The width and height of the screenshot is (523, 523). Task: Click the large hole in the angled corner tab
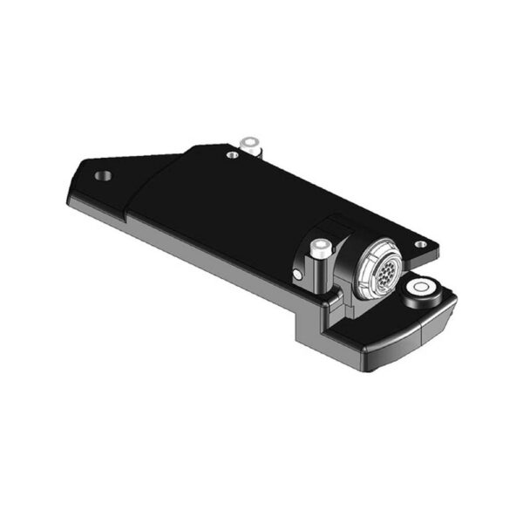pos(104,175)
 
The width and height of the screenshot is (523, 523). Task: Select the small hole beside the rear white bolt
pos(232,155)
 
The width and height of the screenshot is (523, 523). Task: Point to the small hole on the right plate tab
pos(420,244)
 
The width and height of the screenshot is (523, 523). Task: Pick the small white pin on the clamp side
pos(298,275)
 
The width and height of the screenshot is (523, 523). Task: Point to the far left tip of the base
pos(69,195)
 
